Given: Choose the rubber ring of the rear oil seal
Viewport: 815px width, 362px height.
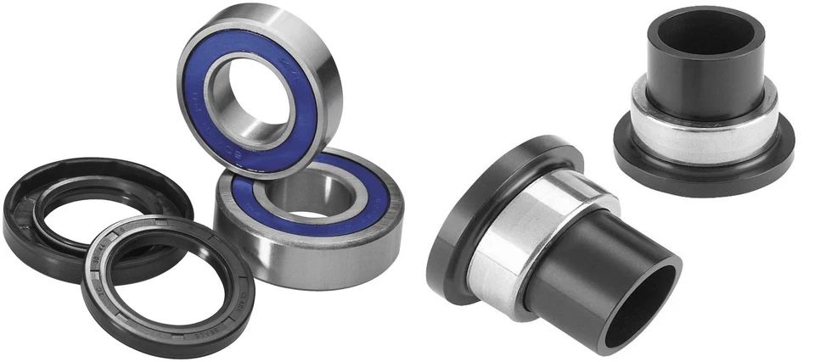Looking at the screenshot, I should pyautogui.click(x=25, y=212).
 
